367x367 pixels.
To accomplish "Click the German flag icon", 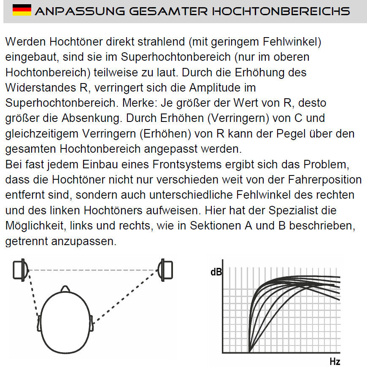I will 22,11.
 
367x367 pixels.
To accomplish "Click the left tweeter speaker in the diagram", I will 20,271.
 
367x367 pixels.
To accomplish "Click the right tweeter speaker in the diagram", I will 165,270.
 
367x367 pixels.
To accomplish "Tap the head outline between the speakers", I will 65,321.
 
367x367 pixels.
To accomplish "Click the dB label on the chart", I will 216,273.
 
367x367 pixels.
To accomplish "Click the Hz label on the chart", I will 335,362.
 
